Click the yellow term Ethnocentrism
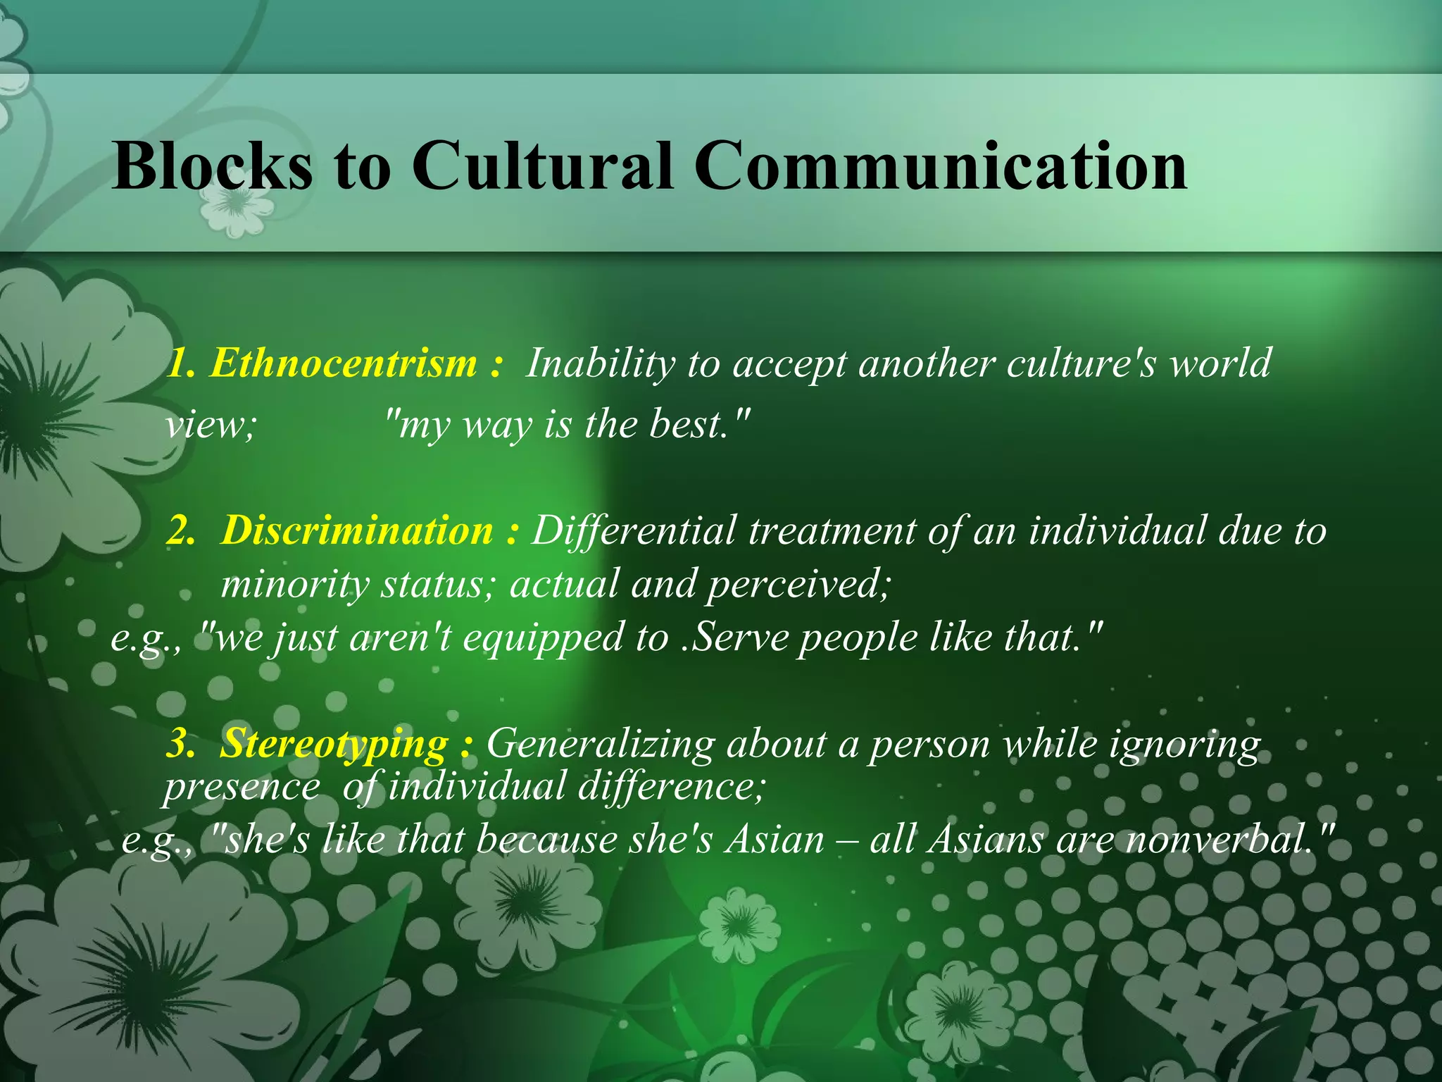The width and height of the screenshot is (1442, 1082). pyautogui.click(x=343, y=363)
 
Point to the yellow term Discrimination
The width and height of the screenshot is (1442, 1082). pyautogui.click(x=357, y=530)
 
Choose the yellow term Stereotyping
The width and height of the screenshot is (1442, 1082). pyautogui.click(x=334, y=744)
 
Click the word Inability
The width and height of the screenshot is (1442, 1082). pyautogui.click(x=600, y=363)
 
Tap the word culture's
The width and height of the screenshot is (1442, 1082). pyautogui.click(x=1081, y=363)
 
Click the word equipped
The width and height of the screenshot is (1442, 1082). pyautogui.click(x=543, y=638)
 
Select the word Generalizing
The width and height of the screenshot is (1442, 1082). pyautogui.click(x=600, y=744)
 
